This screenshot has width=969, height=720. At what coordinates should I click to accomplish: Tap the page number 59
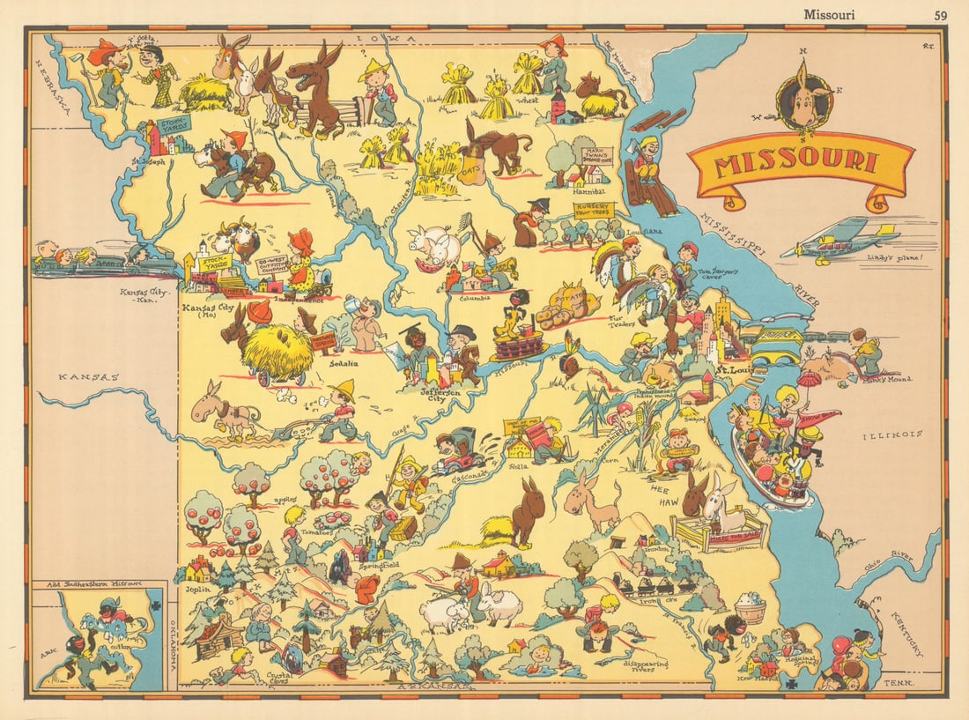coord(939,14)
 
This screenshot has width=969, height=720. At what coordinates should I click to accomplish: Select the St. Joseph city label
coord(147,162)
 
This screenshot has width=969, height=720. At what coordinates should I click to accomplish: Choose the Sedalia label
coord(333,362)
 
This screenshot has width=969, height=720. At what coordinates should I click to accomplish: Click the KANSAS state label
coord(88,377)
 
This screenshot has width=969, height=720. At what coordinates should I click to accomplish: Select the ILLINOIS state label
coord(892,434)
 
